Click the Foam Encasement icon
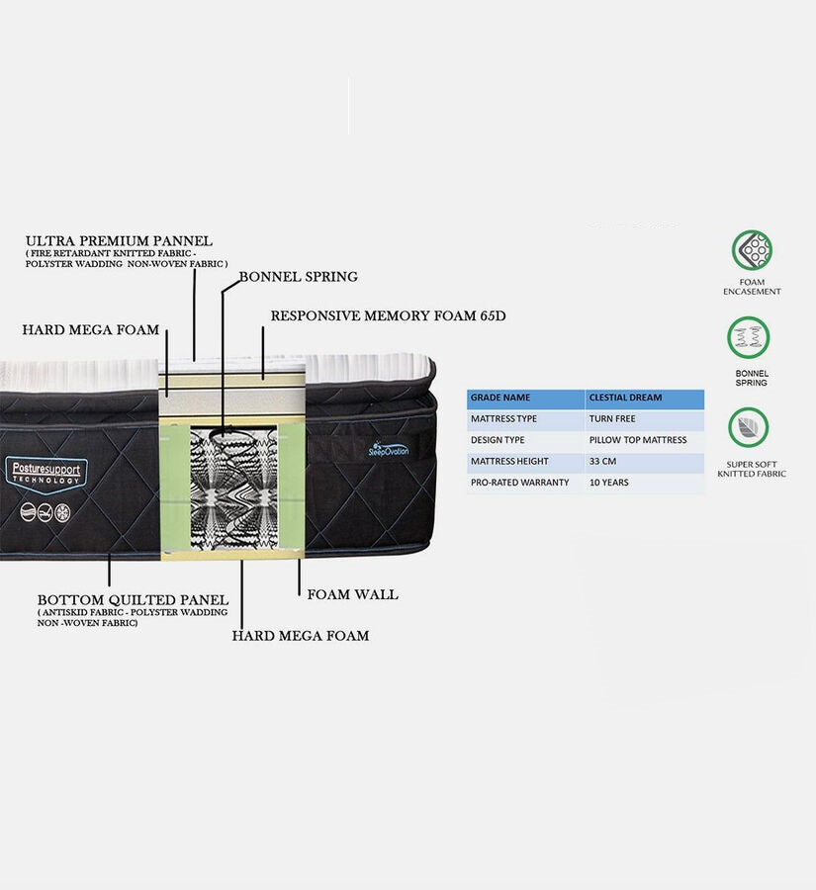[752, 250]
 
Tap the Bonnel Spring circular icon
[750, 338]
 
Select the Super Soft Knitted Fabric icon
[750, 427]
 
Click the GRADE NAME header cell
[500, 398]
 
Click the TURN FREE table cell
[612, 419]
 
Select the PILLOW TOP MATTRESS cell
[637, 440]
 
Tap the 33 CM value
[603, 462]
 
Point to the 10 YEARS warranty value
[608, 483]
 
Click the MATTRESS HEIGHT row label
[509, 462]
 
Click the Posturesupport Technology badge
[45, 473]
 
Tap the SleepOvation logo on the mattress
[389, 449]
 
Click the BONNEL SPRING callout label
[298, 277]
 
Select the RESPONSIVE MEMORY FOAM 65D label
[388, 316]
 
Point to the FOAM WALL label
[352, 594]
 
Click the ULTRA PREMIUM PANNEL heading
[119, 240]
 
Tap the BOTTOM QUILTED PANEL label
[133, 600]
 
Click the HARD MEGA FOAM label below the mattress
[300, 636]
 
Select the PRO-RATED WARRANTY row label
[519, 483]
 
